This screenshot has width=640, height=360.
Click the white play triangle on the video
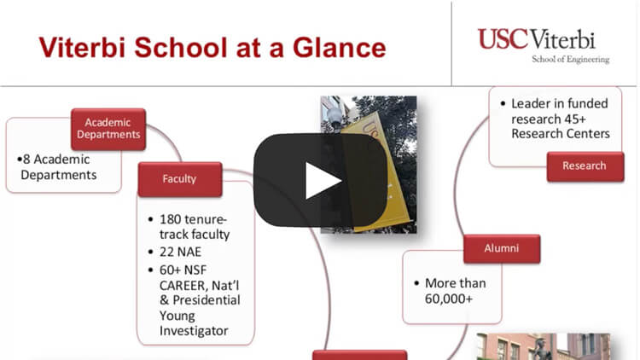[323, 181]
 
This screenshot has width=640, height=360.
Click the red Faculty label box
[180, 179]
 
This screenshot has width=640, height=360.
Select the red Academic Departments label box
[108, 129]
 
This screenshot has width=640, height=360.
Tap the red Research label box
[585, 166]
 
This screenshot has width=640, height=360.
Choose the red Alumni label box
[502, 248]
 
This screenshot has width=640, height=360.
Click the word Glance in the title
[339, 48]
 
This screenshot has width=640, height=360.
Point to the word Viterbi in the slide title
[82, 48]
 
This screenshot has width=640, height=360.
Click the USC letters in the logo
[503, 39]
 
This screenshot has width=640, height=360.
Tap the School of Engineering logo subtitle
[570, 59]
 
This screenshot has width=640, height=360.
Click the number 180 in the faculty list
[170, 219]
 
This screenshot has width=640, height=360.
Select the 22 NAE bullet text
[180, 252]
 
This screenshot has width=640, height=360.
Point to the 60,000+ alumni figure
[449, 299]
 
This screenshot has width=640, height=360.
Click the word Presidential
[207, 300]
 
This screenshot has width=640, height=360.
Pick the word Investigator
[194, 331]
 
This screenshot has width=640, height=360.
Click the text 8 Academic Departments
[57, 167]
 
